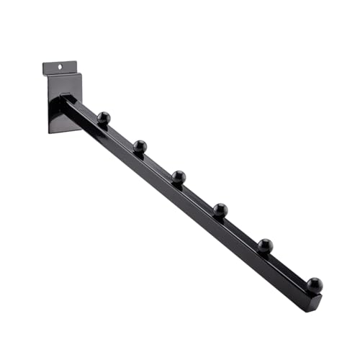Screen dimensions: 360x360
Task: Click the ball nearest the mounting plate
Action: click(104, 117)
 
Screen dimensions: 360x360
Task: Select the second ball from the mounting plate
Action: click(140, 146)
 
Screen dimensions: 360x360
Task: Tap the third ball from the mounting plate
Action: click(179, 176)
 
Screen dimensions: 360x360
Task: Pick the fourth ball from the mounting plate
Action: click(220, 210)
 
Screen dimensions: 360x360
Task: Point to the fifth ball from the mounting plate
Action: click(265, 246)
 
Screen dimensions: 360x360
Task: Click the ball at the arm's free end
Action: click(315, 284)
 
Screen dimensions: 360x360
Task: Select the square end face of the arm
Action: click(315, 301)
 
